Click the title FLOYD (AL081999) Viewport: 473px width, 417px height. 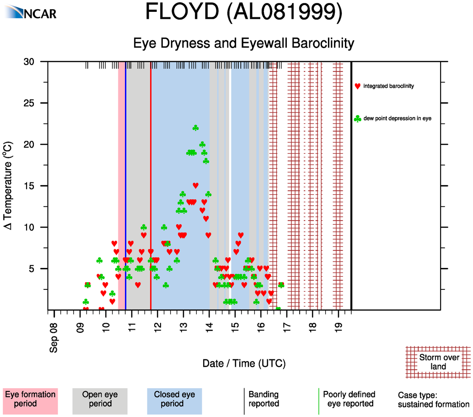tap(243, 12)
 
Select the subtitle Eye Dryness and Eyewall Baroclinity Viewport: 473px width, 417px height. tap(243, 43)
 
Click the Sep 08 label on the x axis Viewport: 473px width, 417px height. tap(54, 339)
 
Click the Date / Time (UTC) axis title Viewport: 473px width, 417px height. tap(244, 364)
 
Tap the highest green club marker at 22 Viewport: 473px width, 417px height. tap(196, 128)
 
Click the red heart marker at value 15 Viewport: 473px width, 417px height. tap(196, 185)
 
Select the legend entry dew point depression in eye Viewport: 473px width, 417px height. tap(398, 118)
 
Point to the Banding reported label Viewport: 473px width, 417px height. tap(263, 399)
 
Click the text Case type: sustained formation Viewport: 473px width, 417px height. tap(433, 400)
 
